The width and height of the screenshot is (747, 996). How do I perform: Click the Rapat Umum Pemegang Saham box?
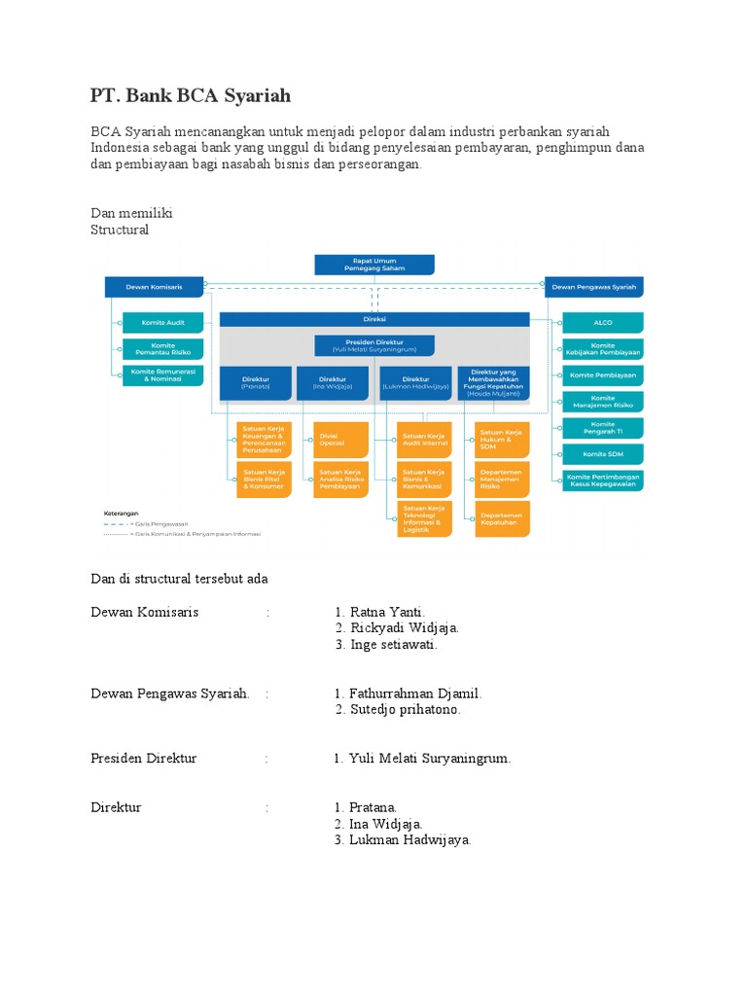point(374,265)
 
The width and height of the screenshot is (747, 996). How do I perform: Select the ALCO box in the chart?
point(602,322)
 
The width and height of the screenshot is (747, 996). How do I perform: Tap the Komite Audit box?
point(163,322)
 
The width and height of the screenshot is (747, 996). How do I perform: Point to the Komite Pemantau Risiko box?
point(163,348)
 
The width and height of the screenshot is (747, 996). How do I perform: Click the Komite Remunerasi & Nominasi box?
point(163,375)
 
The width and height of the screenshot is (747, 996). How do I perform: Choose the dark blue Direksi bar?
point(374,319)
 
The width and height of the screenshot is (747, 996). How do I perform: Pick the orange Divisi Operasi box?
point(341,440)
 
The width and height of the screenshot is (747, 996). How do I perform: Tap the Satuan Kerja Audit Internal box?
point(424,440)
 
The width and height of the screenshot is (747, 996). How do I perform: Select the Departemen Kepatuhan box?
point(502,518)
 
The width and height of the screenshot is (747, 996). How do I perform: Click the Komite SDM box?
point(602,453)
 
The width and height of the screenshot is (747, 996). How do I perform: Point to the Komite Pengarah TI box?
point(602,427)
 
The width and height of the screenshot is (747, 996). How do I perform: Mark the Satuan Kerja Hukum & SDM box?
point(502,440)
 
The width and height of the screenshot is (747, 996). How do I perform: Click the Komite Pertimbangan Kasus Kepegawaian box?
point(602,480)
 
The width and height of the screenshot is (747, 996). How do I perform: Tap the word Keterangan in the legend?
point(122,512)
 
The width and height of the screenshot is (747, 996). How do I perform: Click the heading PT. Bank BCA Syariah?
point(191,96)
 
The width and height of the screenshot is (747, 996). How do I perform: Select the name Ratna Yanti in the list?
point(387,612)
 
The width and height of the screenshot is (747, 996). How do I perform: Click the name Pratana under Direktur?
point(373,808)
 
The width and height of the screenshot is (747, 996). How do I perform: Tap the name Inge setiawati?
point(394,645)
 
